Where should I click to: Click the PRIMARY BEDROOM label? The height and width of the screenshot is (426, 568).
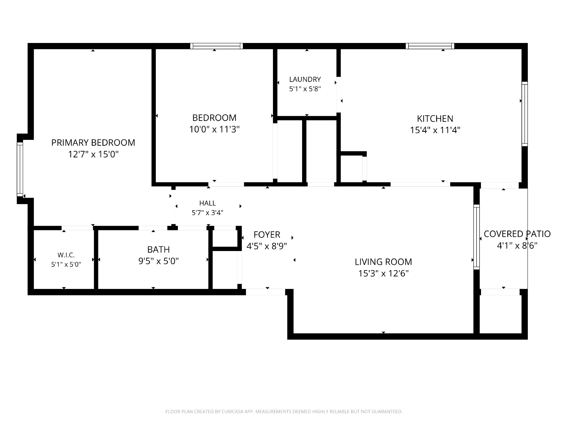93,142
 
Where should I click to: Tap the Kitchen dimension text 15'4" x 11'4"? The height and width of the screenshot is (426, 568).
435,130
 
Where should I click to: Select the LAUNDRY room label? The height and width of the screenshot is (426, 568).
305,79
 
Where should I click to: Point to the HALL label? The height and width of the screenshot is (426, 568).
208,203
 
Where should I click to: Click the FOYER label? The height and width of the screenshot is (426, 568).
267,235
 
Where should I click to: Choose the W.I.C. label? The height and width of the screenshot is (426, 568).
66,255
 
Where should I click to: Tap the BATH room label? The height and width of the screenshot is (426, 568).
158,250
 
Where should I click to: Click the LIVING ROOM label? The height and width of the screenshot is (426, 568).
383,262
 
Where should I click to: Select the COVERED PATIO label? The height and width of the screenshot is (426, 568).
517,234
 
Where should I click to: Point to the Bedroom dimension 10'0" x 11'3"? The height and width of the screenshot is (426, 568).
214,129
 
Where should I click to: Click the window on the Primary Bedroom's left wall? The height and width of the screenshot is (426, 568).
20,169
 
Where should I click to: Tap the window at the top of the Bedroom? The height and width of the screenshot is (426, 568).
217,46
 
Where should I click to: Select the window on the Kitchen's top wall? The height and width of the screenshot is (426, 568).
430,46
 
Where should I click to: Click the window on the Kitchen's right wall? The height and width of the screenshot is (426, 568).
525,114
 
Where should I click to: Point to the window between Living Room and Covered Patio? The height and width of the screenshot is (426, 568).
476,237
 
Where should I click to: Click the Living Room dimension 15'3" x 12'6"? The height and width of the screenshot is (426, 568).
383,273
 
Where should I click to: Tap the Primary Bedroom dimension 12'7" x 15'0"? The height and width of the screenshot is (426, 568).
93,154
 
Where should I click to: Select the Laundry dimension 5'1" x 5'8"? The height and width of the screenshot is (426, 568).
305,89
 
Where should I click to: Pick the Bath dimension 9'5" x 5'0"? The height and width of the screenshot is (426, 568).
158,261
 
